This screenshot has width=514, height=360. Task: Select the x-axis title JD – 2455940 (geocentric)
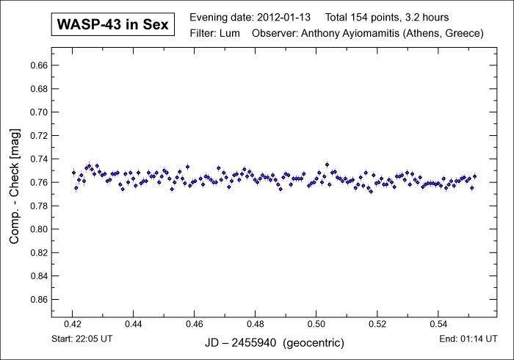pyautogui.click(x=273, y=343)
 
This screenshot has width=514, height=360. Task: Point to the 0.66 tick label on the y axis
pyautogui.click(x=38, y=65)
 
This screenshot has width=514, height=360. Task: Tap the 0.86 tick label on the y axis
pyautogui.click(x=38, y=300)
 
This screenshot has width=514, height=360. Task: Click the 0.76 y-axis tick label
pyautogui.click(x=38, y=182)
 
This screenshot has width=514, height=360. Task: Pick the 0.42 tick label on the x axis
pyautogui.click(x=73, y=323)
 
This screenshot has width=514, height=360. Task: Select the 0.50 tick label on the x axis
pyautogui.click(x=316, y=323)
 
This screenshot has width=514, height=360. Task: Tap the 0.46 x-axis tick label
pyautogui.click(x=195, y=323)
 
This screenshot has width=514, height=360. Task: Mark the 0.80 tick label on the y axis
pyautogui.click(x=38, y=229)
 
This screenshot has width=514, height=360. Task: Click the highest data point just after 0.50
pyautogui.click(x=327, y=165)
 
